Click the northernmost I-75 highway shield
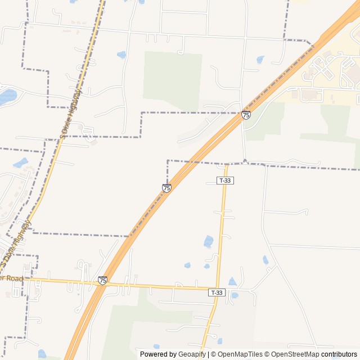click(246, 115)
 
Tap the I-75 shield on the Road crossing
click(102, 280)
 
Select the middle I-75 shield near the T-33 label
click(166, 188)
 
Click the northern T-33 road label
click(225, 181)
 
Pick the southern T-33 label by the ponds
click(217, 292)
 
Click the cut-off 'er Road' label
click(11, 278)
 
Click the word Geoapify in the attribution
click(192, 354)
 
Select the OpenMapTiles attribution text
click(236, 354)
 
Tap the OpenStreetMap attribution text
click(292, 354)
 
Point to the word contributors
click(339, 354)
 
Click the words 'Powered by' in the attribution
click(158, 354)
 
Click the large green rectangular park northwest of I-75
click(172, 79)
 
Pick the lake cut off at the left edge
click(7, 97)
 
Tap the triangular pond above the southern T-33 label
click(232, 281)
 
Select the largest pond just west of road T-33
click(209, 241)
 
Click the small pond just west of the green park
click(121, 55)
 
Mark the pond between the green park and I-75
click(260, 59)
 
